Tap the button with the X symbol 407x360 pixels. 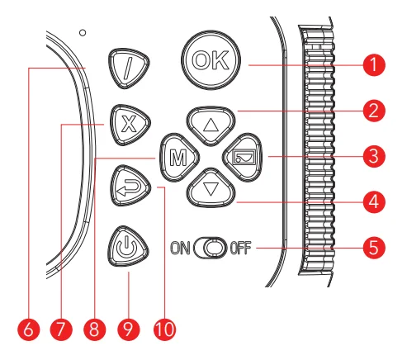pyautogui.click(x=130, y=125)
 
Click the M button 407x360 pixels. pyautogui.click(x=179, y=158)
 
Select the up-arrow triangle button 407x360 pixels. pyautogui.click(x=211, y=126)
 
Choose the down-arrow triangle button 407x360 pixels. pyautogui.click(x=211, y=188)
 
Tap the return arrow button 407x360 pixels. pyautogui.click(x=130, y=186)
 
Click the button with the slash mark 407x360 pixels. pyautogui.click(x=129, y=69)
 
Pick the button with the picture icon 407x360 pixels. pyautogui.click(x=243, y=158)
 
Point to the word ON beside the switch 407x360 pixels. pyautogui.click(x=180, y=248)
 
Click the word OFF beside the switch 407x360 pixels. pyautogui.click(x=240, y=248)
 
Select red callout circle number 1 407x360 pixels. pyautogui.click(x=374, y=65)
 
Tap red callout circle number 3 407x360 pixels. pyautogui.click(x=374, y=156)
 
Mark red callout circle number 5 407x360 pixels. pyautogui.click(x=374, y=248)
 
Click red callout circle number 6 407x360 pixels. pyautogui.click(x=29, y=329)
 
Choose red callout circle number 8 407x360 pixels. pyautogui.click(x=94, y=329)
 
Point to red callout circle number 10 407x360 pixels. pyautogui.click(x=164, y=329)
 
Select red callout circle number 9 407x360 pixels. pyautogui.click(x=129, y=329)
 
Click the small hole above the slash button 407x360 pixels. pyautogui.click(x=83, y=33)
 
